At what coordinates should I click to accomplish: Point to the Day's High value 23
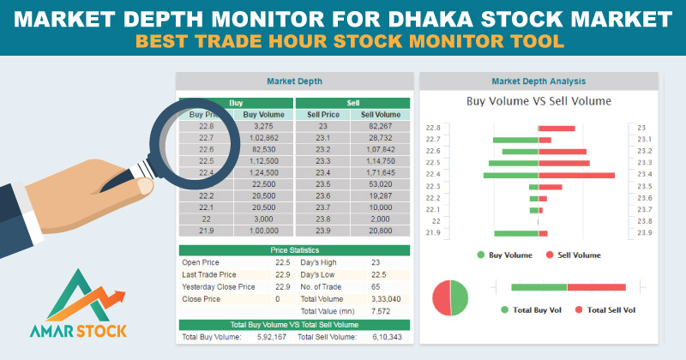coord(376,262)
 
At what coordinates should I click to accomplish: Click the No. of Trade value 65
coord(376,286)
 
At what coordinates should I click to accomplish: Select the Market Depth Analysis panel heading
coord(538,81)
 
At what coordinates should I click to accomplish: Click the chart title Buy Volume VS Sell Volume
coord(539,101)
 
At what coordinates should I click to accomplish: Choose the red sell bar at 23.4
coord(576,175)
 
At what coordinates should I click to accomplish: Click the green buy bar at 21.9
coord(515,232)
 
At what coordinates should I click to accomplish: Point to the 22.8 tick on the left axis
coord(433,128)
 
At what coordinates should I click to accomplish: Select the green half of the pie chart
coord(459,297)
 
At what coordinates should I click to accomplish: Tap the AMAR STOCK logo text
coord(74,330)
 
